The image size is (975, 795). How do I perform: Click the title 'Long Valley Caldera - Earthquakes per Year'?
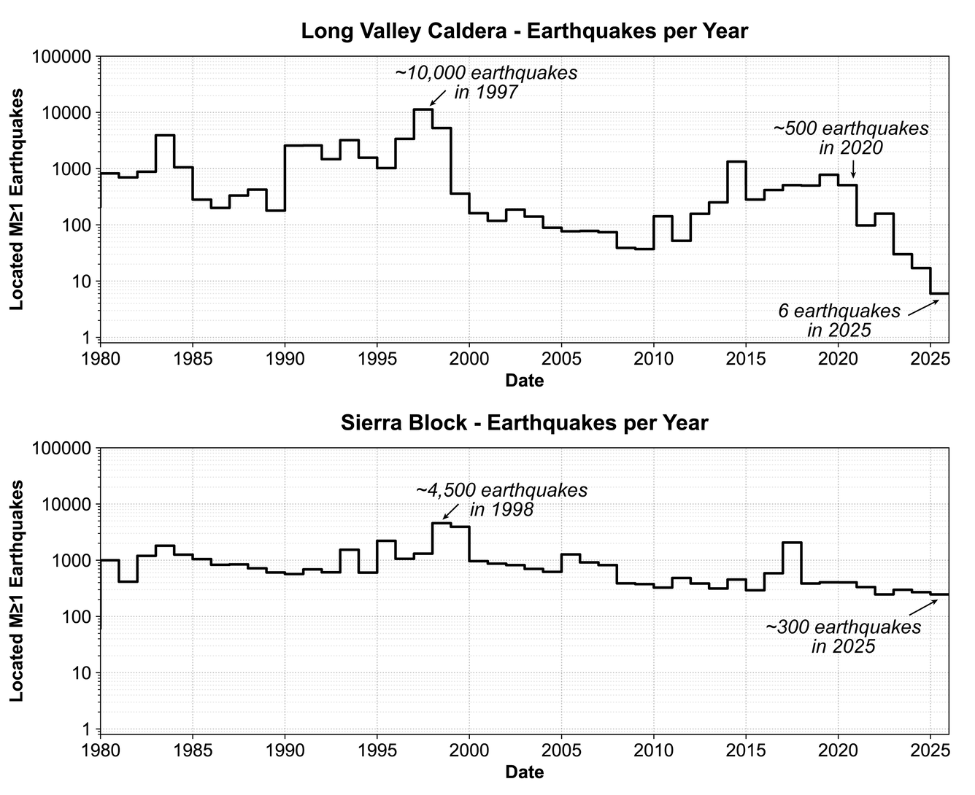click(x=524, y=31)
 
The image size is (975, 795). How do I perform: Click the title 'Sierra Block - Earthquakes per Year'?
click(x=524, y=423)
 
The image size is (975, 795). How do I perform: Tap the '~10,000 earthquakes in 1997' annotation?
click(x=486, y=82)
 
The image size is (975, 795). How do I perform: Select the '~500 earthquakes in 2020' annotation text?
click(x=851, y=138)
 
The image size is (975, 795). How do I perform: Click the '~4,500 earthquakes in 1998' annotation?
click(x=501, y=500)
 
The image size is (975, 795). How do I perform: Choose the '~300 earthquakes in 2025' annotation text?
click(x=843, y=636)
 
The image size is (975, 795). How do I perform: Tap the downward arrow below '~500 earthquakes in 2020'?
click(x=853, y=169)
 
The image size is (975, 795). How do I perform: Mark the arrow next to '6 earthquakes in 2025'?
click(x=923, y=307)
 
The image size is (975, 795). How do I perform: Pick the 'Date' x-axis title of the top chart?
click(x=524, y=380)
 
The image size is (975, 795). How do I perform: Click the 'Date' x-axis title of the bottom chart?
click(x=524, y=772)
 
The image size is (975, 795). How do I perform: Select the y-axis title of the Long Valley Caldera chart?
click(x=17, y=199)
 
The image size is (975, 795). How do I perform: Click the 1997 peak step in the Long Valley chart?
click(x=423, y=109)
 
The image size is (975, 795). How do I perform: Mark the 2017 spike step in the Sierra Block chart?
click(x=792, y=543)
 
